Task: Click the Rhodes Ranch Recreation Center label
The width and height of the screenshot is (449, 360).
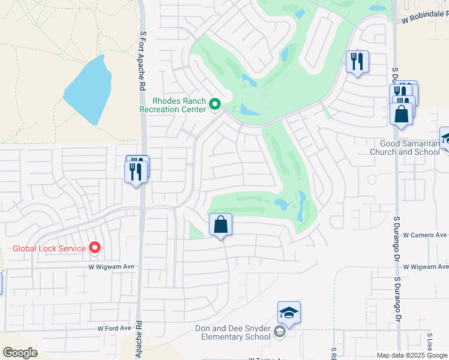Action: pyautogui.click(x=172, y=105)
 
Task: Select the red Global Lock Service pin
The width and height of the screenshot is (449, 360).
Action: pyautogui.click(x=94, y=247)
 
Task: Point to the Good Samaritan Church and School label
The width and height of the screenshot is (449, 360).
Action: pyautogui.click(x=410, y=148)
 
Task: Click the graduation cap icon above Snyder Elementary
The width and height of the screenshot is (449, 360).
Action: pyautogui.click(x=289, y=313)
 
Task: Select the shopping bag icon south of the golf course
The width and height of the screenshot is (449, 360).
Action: pyautogui.click(x=220, y=225)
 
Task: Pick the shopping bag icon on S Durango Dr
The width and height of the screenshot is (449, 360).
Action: pyautogui.click(x=401, y=113)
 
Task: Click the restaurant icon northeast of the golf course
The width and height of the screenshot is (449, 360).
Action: pyautogui.click(x=357, y=61)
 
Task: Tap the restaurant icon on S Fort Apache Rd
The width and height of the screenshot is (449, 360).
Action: pyautogui.click(x=136, y=172)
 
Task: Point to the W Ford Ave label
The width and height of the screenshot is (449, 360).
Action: pyautogui.click(x=114, y=328)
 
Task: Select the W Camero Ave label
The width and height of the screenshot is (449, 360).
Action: pyautogui.click(x=425, y=235)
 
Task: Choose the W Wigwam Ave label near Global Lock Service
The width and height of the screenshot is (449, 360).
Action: pyautogui.click(x=112, y=266)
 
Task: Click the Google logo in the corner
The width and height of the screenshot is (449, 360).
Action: pyautogui.click(x=20, y=352)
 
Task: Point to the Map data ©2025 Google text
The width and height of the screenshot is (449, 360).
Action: pyautogui.click(x=412, y=355)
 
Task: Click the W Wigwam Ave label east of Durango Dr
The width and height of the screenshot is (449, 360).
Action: pyautogui.click(x=426, y=266)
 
